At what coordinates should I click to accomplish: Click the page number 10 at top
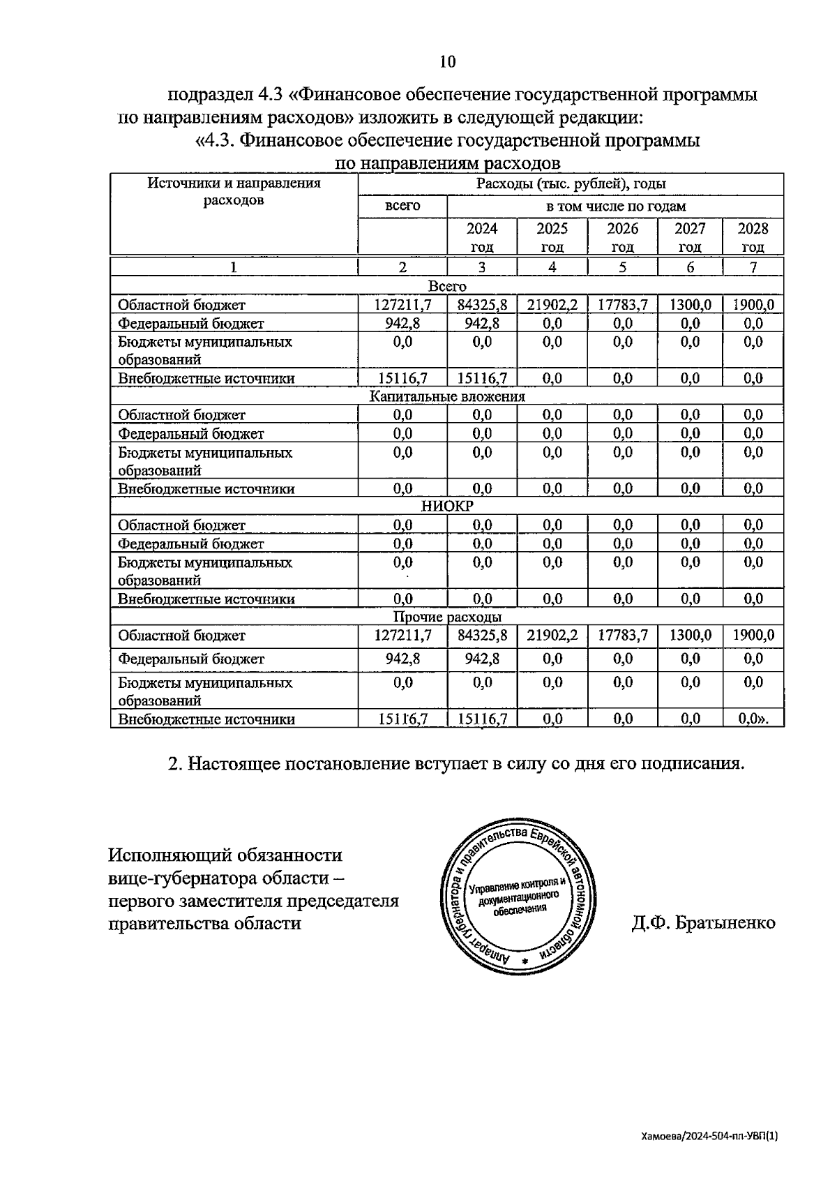pyautogui.click(x=447, y=62)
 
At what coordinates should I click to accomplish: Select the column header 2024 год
pyautogui.click(x=482, y=237)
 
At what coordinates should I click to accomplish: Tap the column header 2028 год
pyautogui.click(x=753, y=237)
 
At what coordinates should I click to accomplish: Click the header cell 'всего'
pyautogui.click(x=402, y=206)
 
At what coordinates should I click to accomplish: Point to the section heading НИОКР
pyautogui.click(x=446, y=507)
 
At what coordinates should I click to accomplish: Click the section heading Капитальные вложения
pyautogui.click(x=446, y=396)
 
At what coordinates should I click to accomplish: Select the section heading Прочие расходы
pyautogui.click(x=446, y=617)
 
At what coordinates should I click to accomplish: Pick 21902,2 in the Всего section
pyautogui.click(x=552, y=305)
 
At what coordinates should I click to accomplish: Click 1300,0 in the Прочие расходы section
pyautogui.click(x=690, y=635)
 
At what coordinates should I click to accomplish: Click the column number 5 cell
pyautogui.click(x=622, y=267)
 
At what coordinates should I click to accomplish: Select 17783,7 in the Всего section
pyautogui.click(x=622, y=305)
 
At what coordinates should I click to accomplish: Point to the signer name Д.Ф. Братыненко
pyautogui.click(x=702, y=923)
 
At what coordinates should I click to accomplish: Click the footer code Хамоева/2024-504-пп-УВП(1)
pyautogui.click(x=709, y=1136)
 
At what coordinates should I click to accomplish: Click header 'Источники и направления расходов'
pyautogui.click(x=234, y=192)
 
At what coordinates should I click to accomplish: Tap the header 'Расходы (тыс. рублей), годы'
pyautogui.click(x=571, y=183)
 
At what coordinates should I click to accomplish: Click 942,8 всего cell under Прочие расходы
pyautogui.click(x=402, y=659)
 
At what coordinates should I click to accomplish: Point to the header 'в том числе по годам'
pyautogui.click(x=615, y=206)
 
